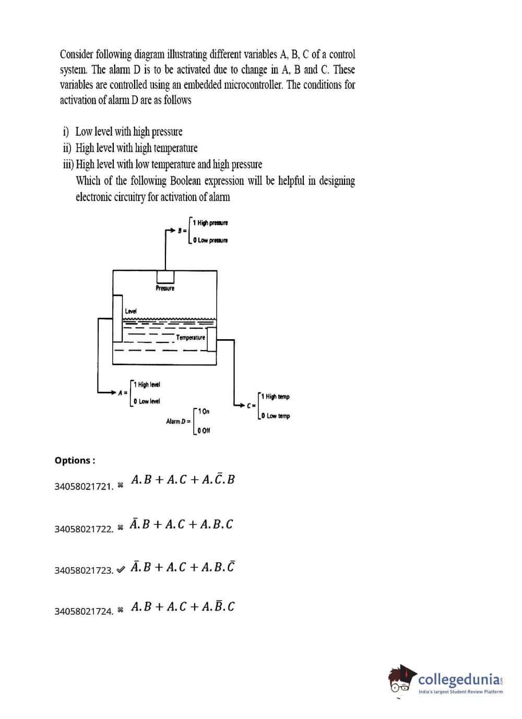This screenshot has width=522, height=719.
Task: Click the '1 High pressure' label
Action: [x=210, y=223]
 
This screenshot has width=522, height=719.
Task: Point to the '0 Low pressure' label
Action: [x=210, y=240]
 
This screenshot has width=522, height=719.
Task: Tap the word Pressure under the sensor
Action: [x=165, y=288]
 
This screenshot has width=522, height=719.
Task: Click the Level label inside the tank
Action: [x=130, y=311]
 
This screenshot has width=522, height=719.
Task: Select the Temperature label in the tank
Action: [x=191, y=338]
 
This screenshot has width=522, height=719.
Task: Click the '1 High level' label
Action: [x=147, y=385]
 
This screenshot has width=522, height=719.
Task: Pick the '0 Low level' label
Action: [x=147, y=401]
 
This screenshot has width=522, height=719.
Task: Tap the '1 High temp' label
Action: [x=275, y=397]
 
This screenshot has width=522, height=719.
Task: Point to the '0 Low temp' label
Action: [x=276, y=416]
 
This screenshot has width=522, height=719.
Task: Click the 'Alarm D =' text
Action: [x=178, y=421]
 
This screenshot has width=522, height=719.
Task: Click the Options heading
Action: [x=75, y=460]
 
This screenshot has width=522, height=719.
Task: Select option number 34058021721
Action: [x=84, y=486]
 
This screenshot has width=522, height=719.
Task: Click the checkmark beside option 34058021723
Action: [x=121, y=569]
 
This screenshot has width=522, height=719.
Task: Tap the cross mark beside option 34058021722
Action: [x=121, y=528]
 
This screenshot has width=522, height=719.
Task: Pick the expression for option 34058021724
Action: [x=183, y=606]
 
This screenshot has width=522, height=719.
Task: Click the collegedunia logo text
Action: [x=459, y=679]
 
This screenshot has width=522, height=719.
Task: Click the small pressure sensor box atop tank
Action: [x=165, y=277]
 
